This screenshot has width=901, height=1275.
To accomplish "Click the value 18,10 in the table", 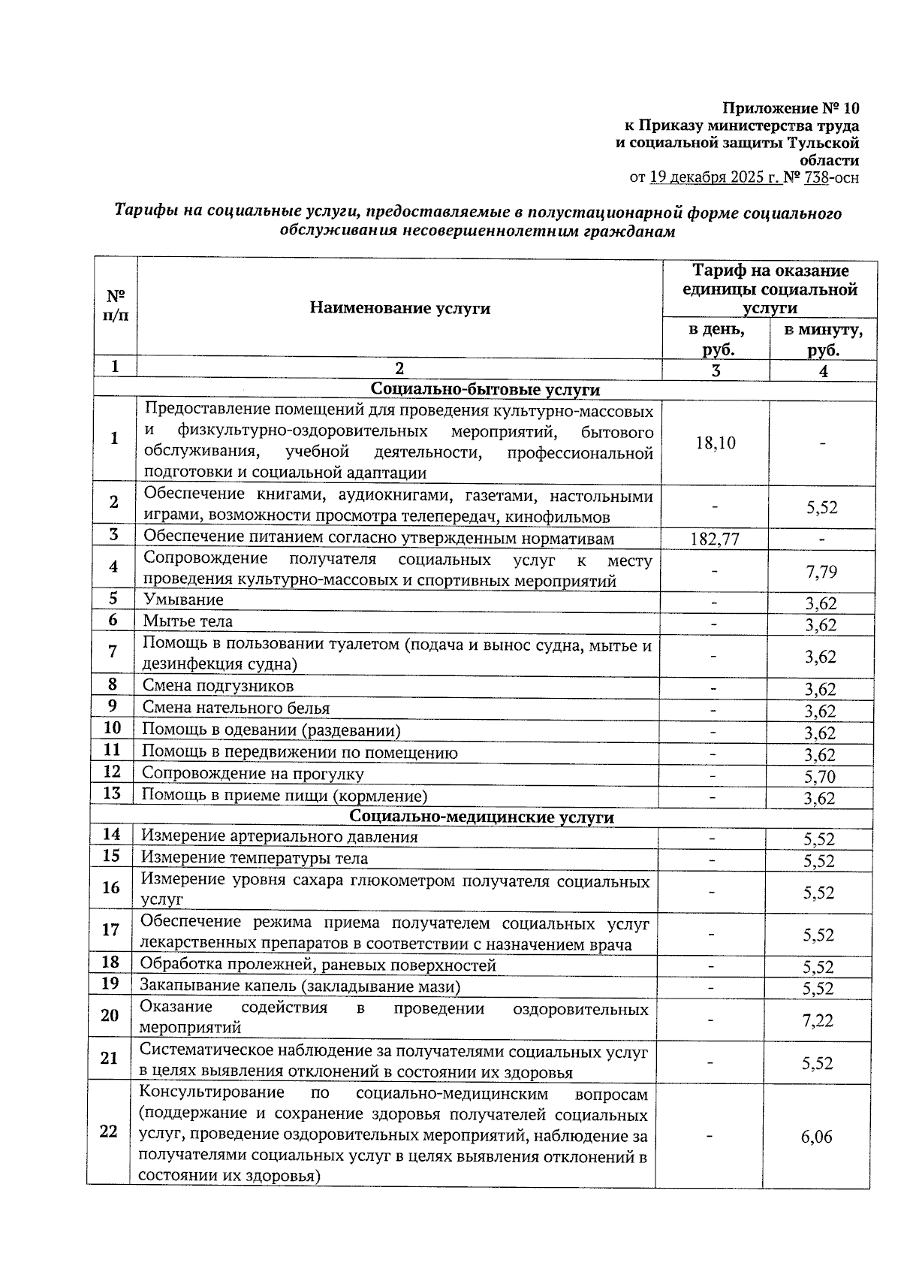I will [x=715, y=443].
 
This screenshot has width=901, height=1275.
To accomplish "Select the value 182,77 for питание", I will [x=714, y=539].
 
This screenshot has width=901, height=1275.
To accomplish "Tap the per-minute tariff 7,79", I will [x=821, y=573].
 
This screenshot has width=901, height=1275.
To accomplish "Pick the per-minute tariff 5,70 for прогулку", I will [x=819, y=776].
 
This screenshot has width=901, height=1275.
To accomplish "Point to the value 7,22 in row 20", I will [x=818, y=1020].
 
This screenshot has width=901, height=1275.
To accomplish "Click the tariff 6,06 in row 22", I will [x=816, y=1137].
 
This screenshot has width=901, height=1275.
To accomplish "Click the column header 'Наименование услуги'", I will [x=399, y=308].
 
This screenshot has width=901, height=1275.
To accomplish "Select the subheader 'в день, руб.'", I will [x=716, y=340].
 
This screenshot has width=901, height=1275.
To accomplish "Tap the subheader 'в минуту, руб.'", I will [x=823, y=340].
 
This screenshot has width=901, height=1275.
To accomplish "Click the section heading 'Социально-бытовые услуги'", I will [x=485, y=389].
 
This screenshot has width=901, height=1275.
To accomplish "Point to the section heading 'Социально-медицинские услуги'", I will [x=481, y=817].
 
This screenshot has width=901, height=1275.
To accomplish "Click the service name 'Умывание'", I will [x=183, y=600].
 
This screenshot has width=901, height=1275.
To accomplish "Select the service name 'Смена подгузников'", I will [x=218, y=686].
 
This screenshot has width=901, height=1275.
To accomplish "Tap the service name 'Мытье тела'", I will [x=188, y=621].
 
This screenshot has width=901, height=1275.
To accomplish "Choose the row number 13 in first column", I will [x=112, y=793].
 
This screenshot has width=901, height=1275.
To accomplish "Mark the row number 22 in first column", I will [x=109, y=1131].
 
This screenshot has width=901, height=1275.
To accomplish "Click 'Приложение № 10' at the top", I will [x=791, y=108].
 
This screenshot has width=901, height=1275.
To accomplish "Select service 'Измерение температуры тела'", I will [x=255, y=858].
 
